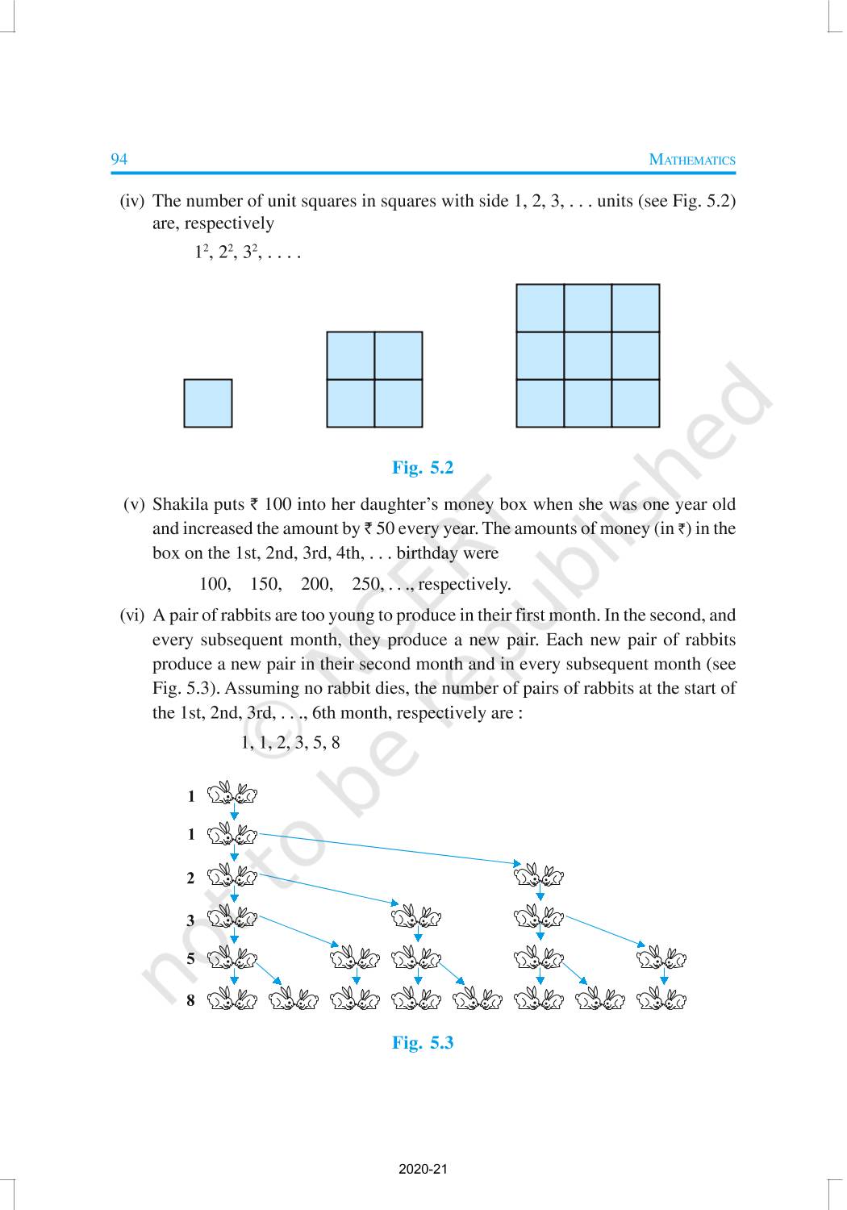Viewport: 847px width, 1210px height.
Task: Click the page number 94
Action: [119, 159]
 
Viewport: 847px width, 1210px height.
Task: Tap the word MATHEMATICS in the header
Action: [692, 160]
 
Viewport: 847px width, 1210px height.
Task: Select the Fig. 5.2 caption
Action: [423, 468]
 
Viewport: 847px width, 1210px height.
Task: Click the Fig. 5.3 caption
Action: [423, 1043]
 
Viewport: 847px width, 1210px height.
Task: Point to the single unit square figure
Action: [207, 403]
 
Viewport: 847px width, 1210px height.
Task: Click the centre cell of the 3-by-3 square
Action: [587, 356]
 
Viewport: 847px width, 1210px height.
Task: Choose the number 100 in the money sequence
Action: [215, 584]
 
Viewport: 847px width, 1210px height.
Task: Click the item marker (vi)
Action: [132, 615]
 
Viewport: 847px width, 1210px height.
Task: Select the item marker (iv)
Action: [131, 201]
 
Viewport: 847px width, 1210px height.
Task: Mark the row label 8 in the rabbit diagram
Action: [190, 1001]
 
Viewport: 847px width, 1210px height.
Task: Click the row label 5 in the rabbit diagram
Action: [190, 959]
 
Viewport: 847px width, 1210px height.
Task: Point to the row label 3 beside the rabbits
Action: [190, 920]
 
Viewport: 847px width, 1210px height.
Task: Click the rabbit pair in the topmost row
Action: [232, 795]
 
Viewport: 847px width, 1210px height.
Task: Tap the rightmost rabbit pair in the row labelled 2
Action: [539, 874]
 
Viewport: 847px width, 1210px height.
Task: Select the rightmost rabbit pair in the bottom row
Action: [661, 1001]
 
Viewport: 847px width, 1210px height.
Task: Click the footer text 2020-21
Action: [423, 1169]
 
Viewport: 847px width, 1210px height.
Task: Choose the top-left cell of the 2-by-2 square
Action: [350, 356]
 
